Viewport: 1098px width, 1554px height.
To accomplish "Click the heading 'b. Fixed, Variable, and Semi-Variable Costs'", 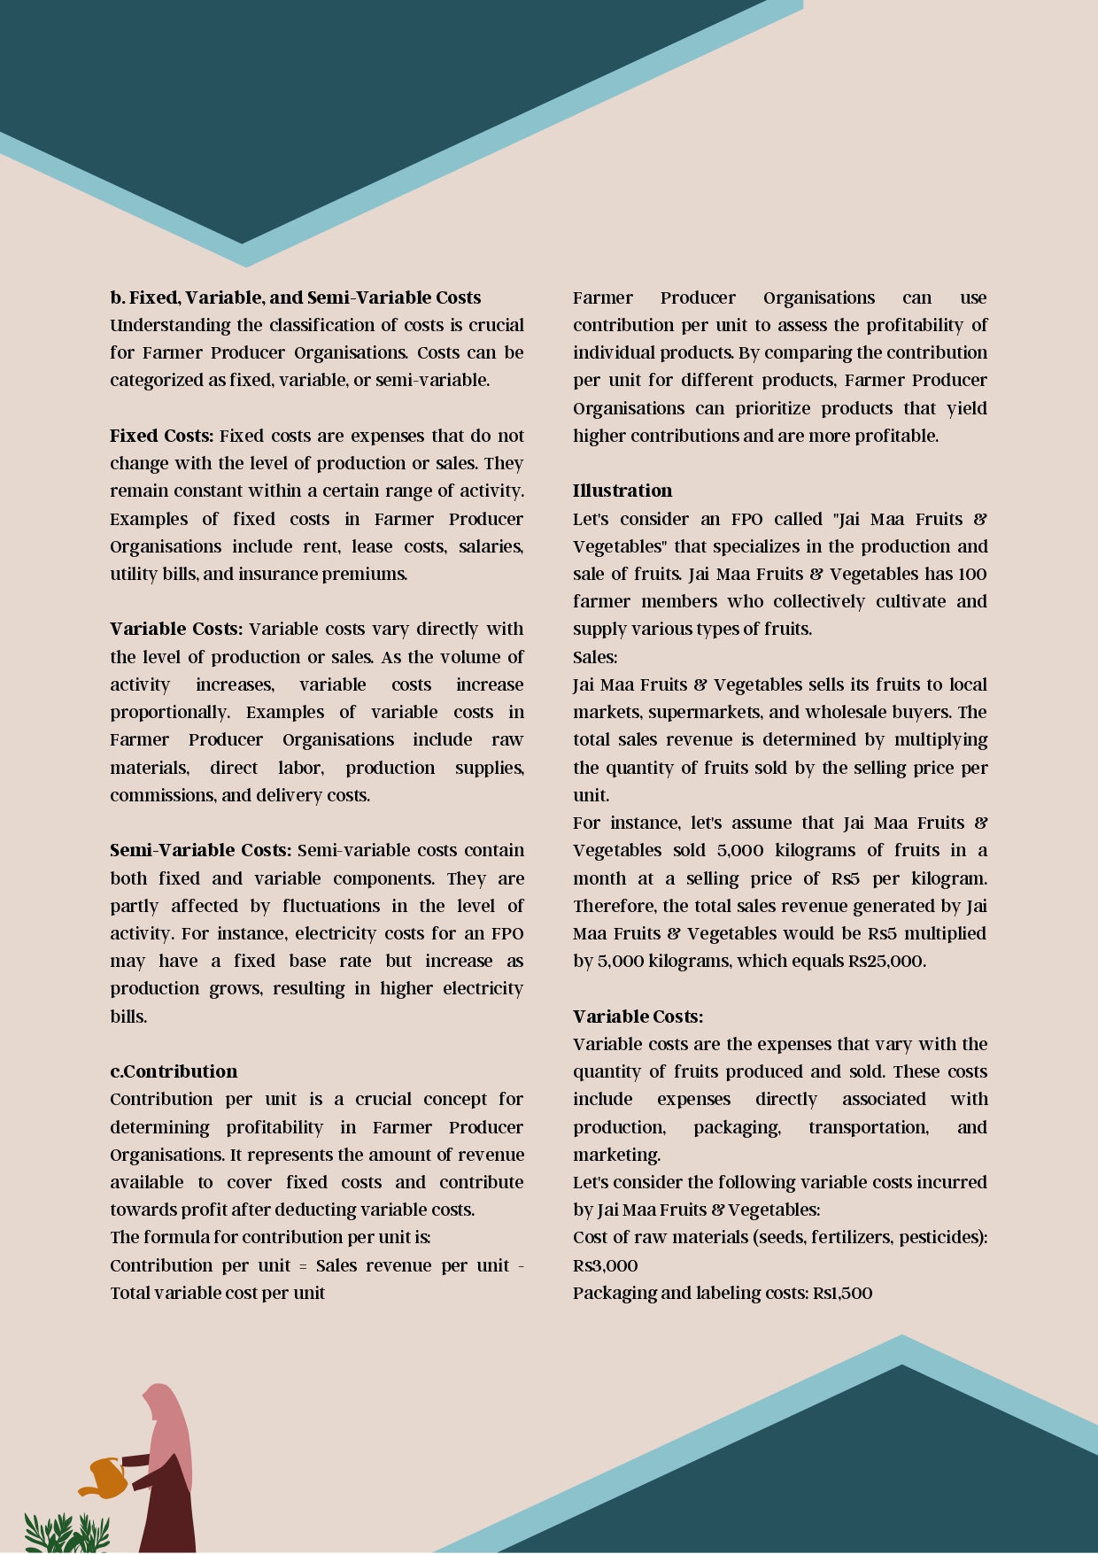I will click(295, 298).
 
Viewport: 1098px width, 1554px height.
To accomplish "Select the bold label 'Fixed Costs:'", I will click(161, 436).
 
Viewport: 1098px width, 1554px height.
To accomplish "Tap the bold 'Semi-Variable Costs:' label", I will click(200, 850).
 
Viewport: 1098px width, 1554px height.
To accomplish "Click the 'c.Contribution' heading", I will click(174, 1071).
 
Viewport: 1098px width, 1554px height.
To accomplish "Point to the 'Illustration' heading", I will click(622, 491).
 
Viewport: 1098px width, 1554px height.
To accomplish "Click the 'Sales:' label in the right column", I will click(595, 657).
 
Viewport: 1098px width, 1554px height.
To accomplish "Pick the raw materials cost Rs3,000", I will click(605, 1265).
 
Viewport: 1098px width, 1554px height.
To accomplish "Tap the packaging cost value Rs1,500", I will click(842, 1293).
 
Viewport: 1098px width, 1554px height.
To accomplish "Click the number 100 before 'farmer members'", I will click(972, 574).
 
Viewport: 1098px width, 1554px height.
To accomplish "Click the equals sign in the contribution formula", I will click(303, 1266).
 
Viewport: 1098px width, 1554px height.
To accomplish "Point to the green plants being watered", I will click(66, 1533).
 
